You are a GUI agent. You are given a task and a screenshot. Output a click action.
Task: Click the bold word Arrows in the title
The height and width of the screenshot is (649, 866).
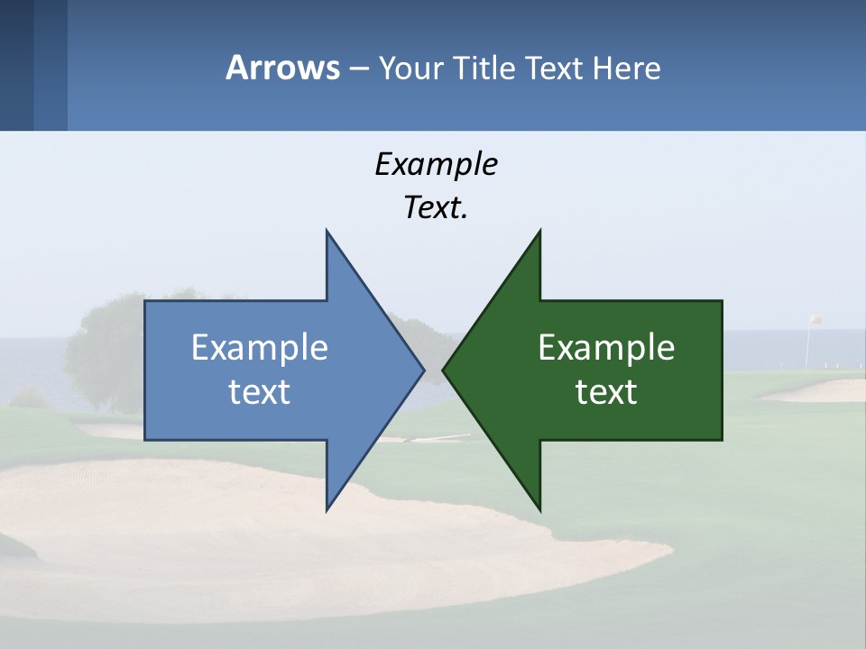[282, 68]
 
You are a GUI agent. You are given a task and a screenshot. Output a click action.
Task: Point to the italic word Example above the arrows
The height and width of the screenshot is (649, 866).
[436, 165]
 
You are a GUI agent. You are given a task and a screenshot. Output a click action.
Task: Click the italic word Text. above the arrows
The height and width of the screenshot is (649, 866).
[436, 208]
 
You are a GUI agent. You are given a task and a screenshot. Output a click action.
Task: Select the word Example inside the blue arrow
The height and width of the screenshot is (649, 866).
[260, 347]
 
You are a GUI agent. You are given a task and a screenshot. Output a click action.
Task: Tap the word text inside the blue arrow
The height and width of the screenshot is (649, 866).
[260, 391]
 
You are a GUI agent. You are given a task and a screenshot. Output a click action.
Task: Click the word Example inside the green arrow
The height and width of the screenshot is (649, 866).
[606, 347]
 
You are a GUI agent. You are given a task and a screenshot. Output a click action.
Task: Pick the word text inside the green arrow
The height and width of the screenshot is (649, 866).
[606, 391]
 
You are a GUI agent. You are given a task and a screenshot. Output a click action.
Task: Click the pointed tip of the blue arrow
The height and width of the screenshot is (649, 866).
[422, 370]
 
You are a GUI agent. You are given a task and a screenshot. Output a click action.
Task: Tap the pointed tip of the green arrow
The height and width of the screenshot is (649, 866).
[444, 370]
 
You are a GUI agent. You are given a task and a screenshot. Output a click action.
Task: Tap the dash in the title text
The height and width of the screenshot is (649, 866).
[358, 69]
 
